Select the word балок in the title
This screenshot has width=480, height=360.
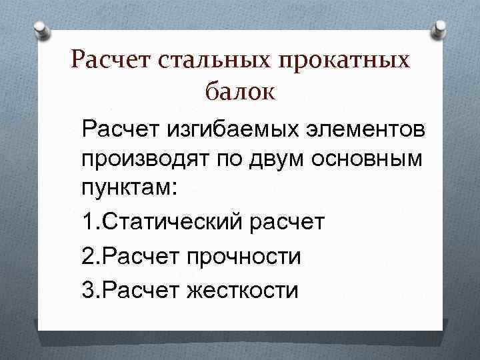(x=239, y=91)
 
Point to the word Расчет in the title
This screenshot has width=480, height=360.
(x=112, y=61)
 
